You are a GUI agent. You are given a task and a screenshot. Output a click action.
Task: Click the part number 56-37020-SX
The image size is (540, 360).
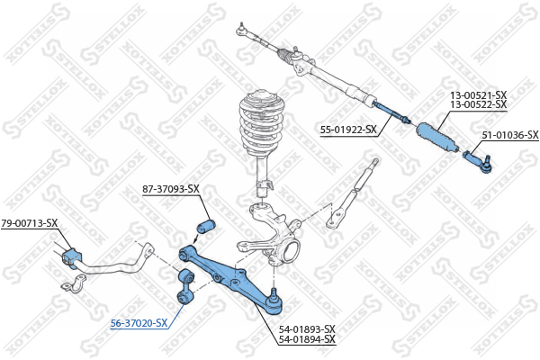(x=139, y=323)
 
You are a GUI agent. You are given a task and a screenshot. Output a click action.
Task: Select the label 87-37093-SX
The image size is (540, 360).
(x=171, y=189)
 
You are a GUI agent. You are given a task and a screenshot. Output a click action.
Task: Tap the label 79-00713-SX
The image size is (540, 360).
(x=30, y=223)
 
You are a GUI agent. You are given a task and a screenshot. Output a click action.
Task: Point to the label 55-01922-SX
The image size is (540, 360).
(x=348, y=130)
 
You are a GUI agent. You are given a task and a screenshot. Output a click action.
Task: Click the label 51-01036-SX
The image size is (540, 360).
(x=510, y=135)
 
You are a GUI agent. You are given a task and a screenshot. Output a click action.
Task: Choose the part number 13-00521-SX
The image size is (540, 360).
(x=479, y=94)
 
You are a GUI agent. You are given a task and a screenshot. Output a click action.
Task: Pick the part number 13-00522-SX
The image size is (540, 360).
(x=479, y=104)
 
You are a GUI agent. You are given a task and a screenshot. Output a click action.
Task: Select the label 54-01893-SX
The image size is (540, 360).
(x=307, y=329)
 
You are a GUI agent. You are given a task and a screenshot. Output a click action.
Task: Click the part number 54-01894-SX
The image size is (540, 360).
(x=307, y=339)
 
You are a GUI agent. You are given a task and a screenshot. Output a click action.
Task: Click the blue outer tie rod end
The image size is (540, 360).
(x=478, y=162)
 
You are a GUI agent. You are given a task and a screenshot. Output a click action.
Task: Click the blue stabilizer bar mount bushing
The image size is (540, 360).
(x=72, y=258)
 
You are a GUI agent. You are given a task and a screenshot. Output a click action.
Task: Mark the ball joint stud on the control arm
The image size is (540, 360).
(x=274, y=293)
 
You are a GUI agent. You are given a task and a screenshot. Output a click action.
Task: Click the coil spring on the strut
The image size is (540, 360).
(x=263, y=124)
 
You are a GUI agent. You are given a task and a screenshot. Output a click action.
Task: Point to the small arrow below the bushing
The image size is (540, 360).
(x=195, y=238)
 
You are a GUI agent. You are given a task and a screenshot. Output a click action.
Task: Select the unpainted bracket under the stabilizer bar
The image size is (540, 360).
(x=74, y=283)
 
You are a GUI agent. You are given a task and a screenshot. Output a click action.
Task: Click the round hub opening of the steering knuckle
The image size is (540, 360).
(x=290, y=252)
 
